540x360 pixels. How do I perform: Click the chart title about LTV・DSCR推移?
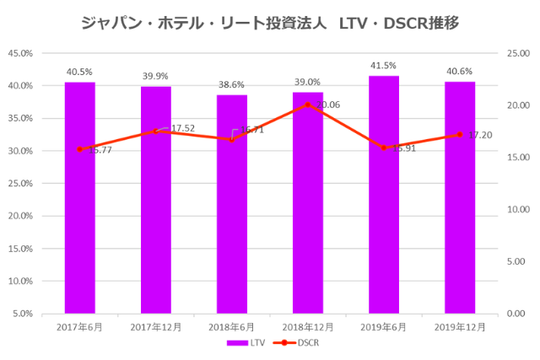pos(270,23)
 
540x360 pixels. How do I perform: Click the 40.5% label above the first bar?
pos(80,72)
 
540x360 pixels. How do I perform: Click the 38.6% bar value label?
pos(232,84)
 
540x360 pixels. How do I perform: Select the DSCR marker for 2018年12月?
pos(308,105)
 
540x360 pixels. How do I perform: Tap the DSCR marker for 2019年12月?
pos(460,135)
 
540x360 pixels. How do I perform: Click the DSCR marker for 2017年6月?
pos(80,149)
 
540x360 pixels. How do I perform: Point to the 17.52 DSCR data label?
pos(182,128)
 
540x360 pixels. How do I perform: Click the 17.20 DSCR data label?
pos(480,135)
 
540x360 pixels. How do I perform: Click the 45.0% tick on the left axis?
pos(20,53)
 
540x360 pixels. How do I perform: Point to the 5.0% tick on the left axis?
pos(23,314)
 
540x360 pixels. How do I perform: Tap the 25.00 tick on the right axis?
pos(516,53)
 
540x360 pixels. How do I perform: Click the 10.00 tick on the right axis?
pos(516,209)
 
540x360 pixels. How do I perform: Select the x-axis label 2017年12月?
pos(156,326)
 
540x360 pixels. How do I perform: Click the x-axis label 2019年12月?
pos(460,326)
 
